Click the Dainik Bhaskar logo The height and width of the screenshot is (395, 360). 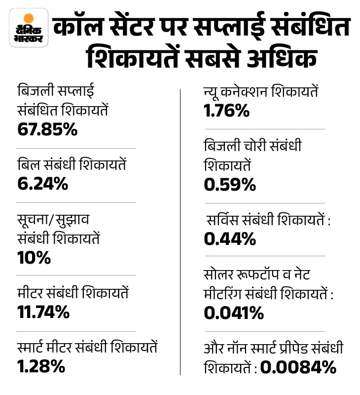[29, 28]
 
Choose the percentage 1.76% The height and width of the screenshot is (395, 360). [226, 111]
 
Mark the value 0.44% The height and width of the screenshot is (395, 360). [230, 239]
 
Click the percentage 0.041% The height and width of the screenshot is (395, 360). [233, 312]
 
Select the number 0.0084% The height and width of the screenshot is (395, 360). [298, 367]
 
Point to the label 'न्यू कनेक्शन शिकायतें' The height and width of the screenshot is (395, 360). [261, 92]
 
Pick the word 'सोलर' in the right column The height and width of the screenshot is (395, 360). [220, 275]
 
